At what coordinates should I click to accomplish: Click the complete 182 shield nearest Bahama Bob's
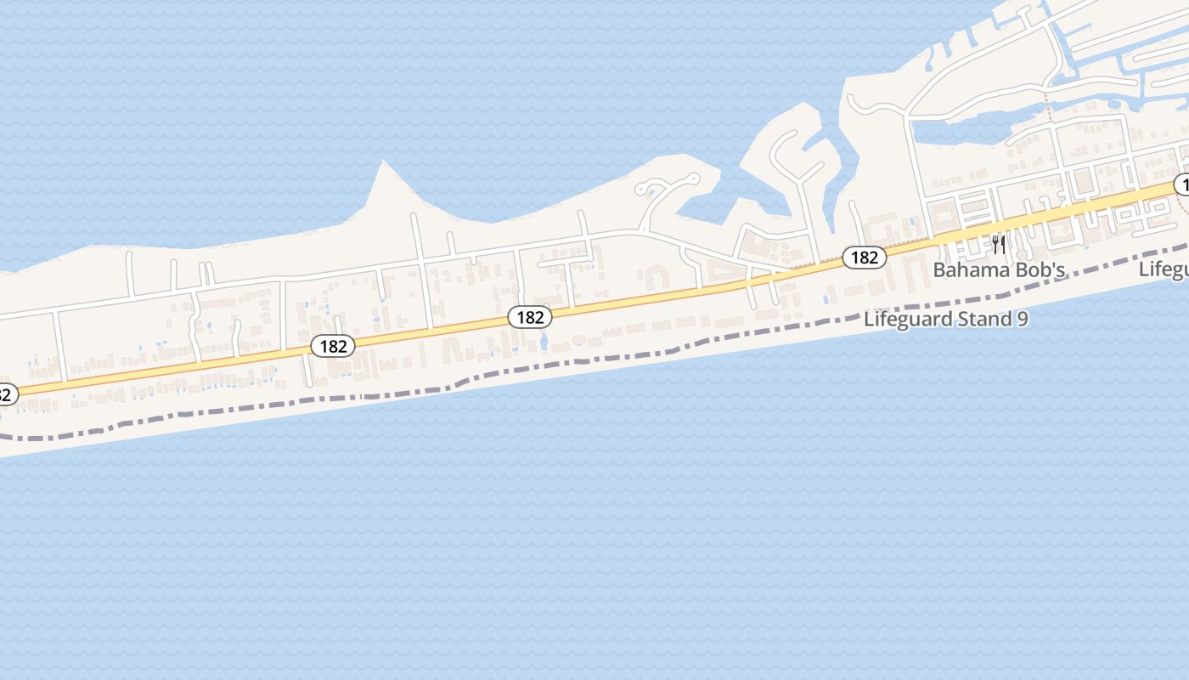[x=865, y=257]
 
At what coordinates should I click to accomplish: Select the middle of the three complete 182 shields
[x=530, y=317]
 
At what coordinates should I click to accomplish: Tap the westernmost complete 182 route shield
[x=333, y=346]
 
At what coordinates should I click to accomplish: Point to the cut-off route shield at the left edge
[x=5, y=394]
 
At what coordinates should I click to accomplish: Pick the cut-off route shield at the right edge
[x=1181, y=184]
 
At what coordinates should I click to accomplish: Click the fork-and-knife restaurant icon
[x=999, y=246]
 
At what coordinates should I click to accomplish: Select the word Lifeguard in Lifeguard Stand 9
[x=905, y=320]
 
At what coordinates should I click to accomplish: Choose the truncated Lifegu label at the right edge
[x=1164, y=269]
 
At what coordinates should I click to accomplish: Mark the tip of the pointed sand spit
[x=384, y=162]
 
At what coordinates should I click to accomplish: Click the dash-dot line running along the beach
[x=594, y=361]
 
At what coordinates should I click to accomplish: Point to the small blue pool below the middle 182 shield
[x=544, y=342]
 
